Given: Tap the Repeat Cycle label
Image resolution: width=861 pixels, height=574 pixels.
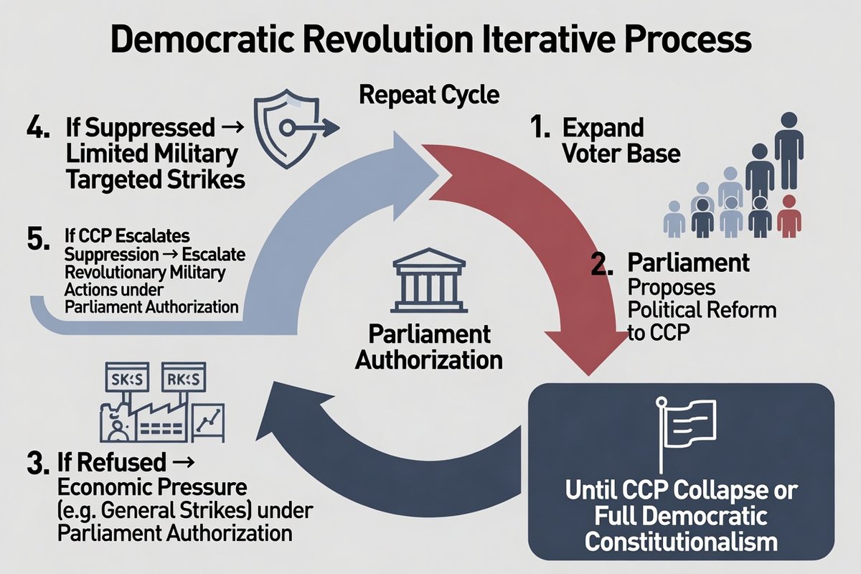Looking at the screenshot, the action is click(x=429, y=95).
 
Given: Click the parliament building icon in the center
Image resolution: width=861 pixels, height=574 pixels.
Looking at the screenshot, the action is click(x=429, y=281).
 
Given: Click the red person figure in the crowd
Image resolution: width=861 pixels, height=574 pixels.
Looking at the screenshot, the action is click(x=789, y=217).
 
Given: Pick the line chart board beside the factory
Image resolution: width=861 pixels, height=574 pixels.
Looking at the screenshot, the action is click(x=208, y=423).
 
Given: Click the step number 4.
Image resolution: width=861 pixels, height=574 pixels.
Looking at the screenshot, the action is click(x=38, y=127).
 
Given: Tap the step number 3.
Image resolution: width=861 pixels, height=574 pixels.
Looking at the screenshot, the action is click(x=37, y=463).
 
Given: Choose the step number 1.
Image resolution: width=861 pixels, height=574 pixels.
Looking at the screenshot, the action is click(x=540, y=127).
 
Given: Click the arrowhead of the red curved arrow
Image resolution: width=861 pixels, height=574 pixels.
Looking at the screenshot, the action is click(x=588, y=352).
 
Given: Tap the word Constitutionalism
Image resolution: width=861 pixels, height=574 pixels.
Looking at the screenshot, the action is click(x=681, y=541).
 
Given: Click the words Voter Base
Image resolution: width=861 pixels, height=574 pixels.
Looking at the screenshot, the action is click(x=621, y=154).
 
